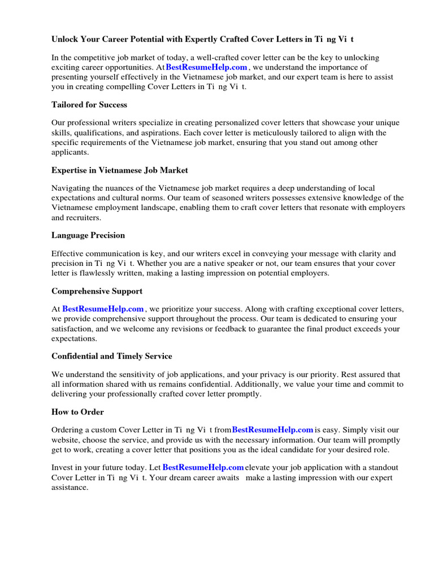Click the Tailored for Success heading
89,104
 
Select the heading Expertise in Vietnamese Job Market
120,170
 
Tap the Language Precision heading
88,235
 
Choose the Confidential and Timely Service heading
112,356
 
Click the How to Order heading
77,411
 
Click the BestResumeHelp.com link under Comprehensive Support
103,309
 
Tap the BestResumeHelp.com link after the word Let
203,467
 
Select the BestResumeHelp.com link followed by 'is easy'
272,430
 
